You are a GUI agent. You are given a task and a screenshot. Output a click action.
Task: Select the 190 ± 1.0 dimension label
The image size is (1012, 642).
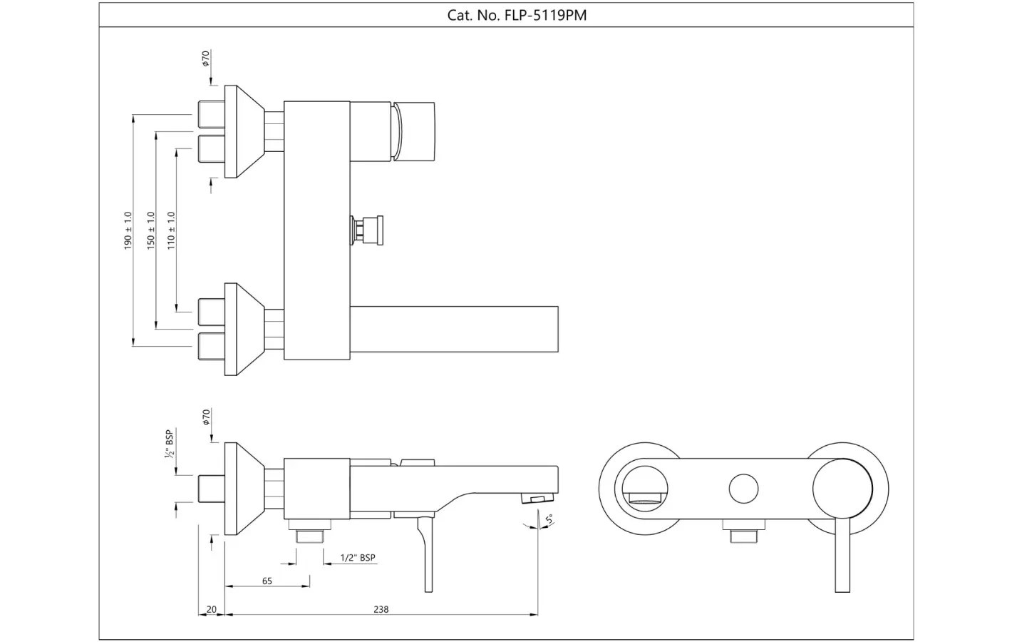128,230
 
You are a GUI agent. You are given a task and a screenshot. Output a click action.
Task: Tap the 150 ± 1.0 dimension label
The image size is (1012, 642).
151,230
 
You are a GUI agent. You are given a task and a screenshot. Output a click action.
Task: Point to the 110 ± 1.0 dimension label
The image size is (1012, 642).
171,230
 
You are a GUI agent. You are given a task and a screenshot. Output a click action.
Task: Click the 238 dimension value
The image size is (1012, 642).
381,609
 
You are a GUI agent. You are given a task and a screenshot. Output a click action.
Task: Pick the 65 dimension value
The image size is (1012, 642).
267,581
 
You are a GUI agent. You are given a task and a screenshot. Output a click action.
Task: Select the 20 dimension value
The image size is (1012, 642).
212,609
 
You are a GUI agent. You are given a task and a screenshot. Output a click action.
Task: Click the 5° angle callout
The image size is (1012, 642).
549,519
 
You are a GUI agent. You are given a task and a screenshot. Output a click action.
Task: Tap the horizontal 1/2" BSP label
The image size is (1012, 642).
358,558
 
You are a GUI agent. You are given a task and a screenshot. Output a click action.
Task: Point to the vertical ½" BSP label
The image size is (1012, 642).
169,444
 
